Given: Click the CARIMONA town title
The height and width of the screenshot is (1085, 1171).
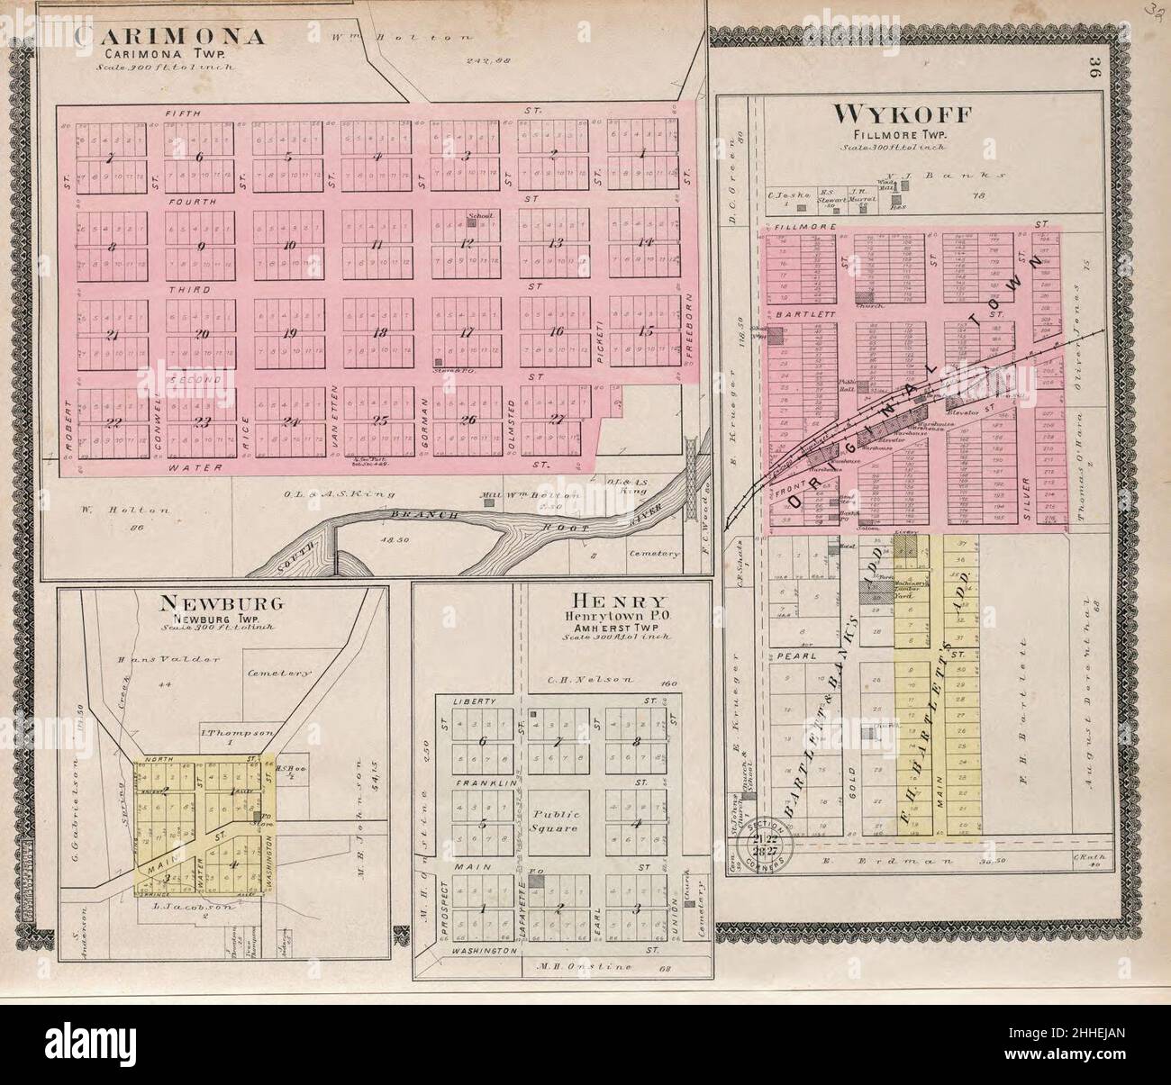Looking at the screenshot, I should click(170, 37).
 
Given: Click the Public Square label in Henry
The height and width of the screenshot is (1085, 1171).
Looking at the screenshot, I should click(558, 820).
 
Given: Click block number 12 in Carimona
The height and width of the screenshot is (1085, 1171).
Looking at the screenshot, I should click(467, 243).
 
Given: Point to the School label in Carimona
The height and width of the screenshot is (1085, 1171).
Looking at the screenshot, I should click(477, 216).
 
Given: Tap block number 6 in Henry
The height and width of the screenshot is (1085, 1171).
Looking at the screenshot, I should click(483, 741).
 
